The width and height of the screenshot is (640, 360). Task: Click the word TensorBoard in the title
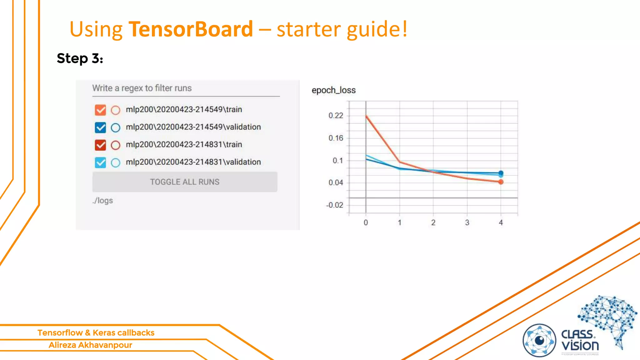(191, 29)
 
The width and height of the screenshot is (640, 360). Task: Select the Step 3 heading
(80, 58)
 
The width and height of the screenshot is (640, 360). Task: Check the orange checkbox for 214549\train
(100, 110)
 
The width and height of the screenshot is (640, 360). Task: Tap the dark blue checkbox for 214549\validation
(100, 127)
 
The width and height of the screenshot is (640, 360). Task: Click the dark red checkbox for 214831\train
(100, 145)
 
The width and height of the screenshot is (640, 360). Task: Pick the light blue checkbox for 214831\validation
(100, 162)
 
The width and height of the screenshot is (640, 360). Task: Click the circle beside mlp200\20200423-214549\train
(116, 110)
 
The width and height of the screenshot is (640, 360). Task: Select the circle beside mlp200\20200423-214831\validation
(116, 163)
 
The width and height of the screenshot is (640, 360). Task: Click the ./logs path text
(102, 201)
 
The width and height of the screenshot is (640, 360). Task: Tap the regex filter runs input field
(186, 88)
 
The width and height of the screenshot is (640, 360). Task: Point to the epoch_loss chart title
(333, 90)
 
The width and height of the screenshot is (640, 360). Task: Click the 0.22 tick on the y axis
(336, 116)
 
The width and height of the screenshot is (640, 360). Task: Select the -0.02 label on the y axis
(334, 205)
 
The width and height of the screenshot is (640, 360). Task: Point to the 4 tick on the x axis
(501, 222)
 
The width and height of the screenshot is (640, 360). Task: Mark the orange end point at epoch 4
(501, 182)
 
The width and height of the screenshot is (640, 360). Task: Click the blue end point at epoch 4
(501, 173)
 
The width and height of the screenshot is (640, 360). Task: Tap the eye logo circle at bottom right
(539, 340)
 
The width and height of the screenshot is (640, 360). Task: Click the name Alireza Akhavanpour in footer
(90, 345)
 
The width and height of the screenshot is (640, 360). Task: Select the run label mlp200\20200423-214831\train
(184, 145)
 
